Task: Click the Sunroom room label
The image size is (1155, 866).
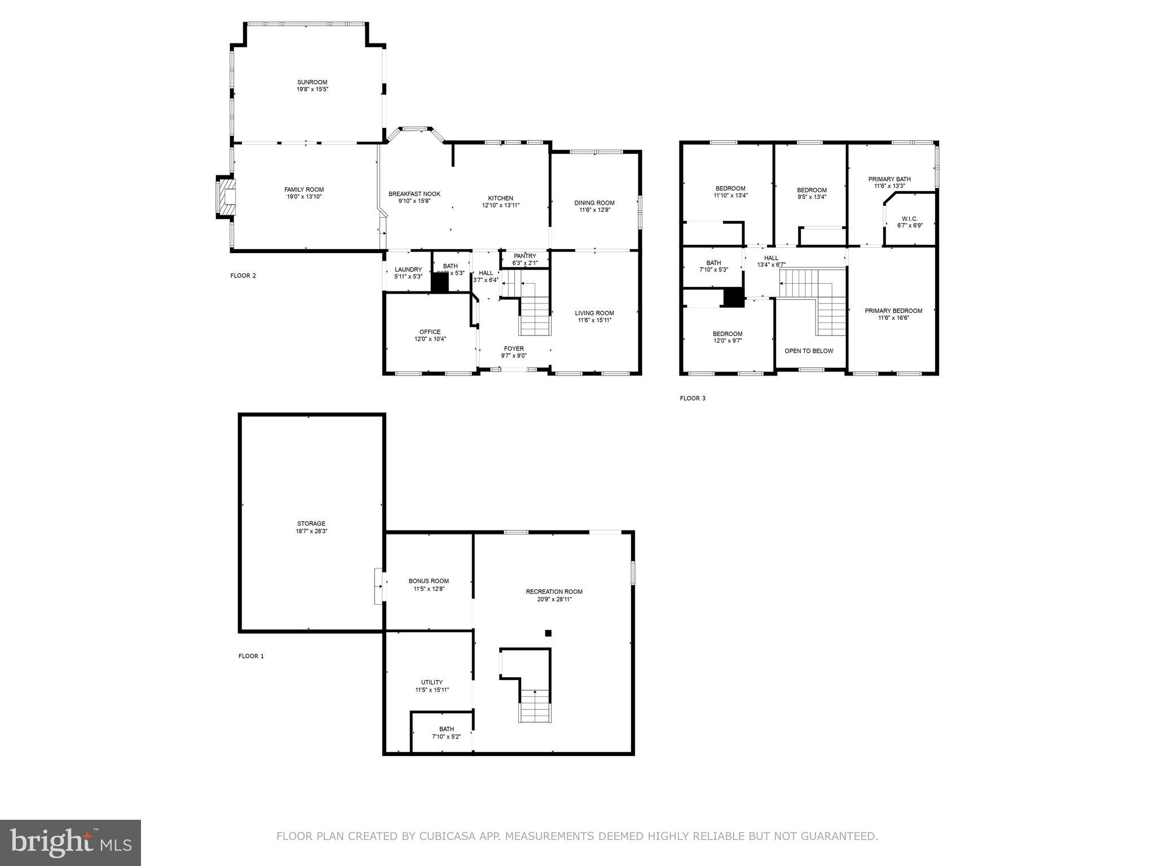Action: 312,82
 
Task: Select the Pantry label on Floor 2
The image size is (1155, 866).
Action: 524,256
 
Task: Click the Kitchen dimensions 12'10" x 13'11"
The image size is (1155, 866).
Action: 500,205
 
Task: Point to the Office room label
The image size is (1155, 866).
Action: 430,332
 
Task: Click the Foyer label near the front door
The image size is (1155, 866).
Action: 513,349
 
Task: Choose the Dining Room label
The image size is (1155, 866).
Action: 594,203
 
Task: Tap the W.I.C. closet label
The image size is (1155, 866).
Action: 909,219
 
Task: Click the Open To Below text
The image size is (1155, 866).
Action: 809,351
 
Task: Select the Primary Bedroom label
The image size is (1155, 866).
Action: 893,311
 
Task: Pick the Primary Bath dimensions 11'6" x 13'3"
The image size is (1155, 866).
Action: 889,186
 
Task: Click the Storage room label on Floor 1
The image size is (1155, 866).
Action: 311,524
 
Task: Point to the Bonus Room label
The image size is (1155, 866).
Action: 429,581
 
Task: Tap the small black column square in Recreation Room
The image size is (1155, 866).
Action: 548,633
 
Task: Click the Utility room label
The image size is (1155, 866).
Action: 431,682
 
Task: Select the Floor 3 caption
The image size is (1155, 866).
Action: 692,399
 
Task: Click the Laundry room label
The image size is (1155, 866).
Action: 408,269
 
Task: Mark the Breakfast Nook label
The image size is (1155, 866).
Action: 414,194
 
